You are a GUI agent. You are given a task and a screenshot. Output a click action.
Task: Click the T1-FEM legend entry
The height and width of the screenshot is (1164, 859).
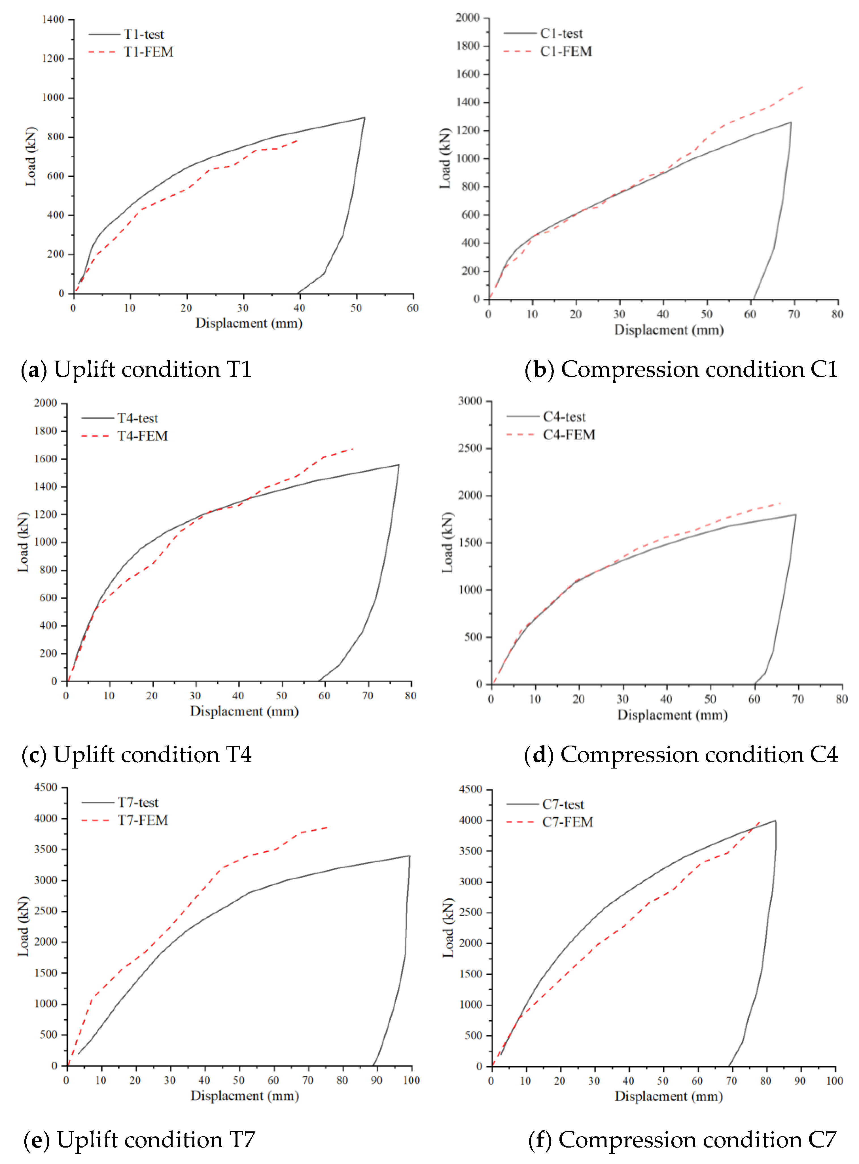(x=148, y=52)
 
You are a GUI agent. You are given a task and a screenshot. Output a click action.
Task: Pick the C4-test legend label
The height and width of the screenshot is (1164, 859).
(x=564, y=417)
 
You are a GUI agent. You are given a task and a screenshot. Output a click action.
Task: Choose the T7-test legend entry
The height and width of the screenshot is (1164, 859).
(x=138, y=803)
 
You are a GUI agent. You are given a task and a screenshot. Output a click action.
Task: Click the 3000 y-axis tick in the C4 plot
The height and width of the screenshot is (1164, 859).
(x=470, y=401)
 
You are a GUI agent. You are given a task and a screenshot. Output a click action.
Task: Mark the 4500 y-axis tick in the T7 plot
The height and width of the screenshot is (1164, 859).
(x=46, y=788)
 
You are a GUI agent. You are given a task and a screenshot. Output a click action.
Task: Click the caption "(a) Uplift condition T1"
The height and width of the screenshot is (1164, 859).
(x=136, y=369)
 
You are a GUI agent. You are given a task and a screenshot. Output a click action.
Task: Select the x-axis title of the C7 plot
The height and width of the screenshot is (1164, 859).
(x=669, y=1096)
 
